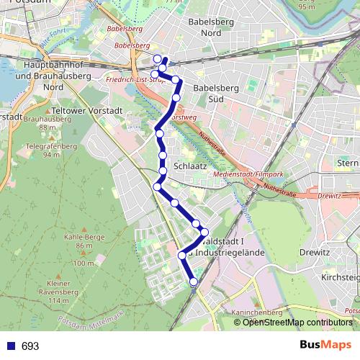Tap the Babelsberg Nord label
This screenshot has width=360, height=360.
coord(208,27)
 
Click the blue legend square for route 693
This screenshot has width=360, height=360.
coord(9,346)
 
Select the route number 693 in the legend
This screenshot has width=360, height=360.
coord(30,346)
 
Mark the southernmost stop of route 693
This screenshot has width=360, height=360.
coord(193,282)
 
